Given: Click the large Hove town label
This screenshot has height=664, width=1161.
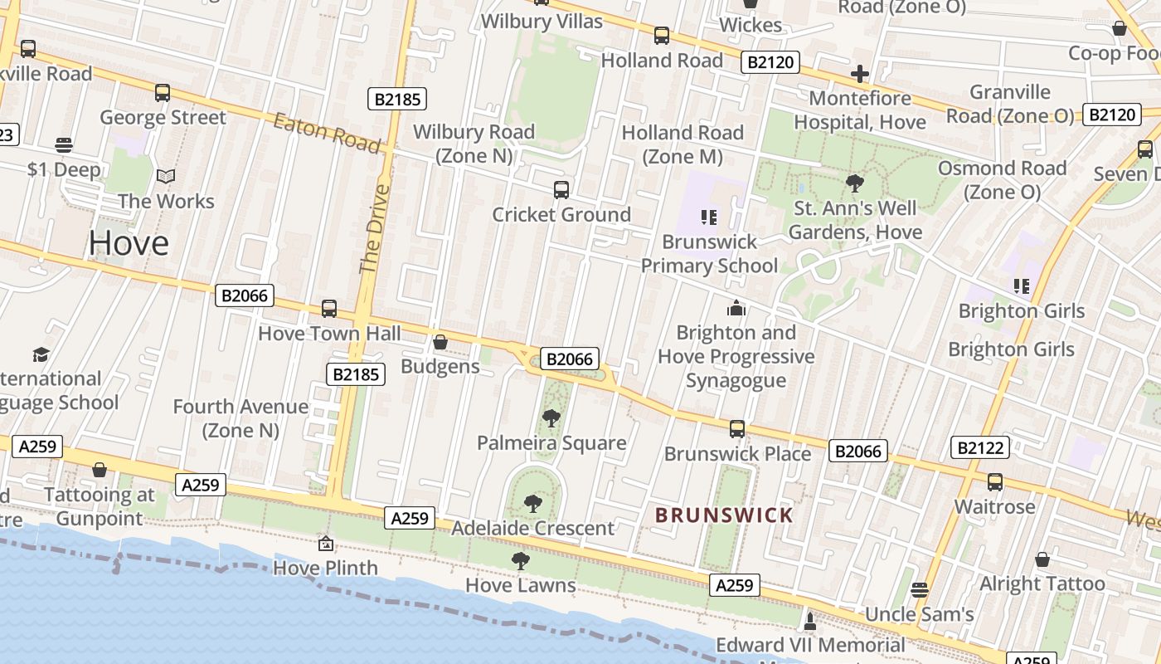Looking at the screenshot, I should pos(129,243).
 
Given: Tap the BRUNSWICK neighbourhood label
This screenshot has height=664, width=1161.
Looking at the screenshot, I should pos(724,515).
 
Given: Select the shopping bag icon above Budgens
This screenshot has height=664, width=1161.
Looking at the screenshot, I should pos(440,342).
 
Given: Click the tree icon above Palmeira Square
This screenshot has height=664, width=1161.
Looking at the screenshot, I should pos(551,418).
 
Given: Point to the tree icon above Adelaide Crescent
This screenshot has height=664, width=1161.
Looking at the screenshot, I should pos(532,503).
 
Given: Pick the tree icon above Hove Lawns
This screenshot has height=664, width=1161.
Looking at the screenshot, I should pos(520,561).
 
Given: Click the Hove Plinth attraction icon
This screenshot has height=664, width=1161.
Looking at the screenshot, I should pos(326,544).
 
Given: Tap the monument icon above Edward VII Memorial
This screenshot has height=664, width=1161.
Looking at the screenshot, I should pos(810,621).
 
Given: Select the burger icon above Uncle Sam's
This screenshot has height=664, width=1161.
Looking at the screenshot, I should pos(919,590).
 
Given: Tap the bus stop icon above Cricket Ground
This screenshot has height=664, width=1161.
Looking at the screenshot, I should pos(561,190).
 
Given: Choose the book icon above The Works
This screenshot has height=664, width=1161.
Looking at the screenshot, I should pos(166,177).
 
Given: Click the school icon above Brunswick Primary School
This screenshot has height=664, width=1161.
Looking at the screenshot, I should pos(708,217).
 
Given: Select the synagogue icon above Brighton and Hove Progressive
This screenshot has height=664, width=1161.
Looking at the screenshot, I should pos(736,309).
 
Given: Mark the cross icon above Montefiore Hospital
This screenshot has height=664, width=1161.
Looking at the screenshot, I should pos(860,74).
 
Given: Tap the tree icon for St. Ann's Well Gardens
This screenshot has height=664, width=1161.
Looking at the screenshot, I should pos(854,183).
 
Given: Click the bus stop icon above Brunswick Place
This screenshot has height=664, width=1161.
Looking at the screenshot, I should pos(737,429).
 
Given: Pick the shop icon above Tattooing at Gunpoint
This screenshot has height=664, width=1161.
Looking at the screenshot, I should pos(100,471).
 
